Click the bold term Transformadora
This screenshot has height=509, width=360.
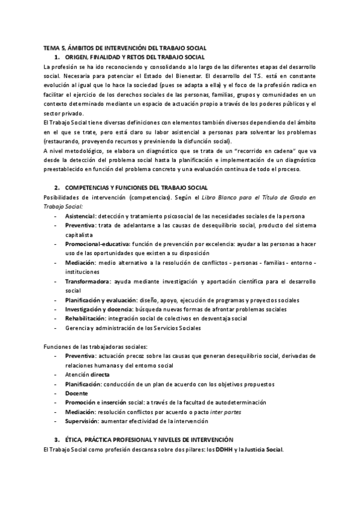[88, 282]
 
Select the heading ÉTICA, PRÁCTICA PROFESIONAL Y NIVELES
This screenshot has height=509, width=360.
[149, 441]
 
